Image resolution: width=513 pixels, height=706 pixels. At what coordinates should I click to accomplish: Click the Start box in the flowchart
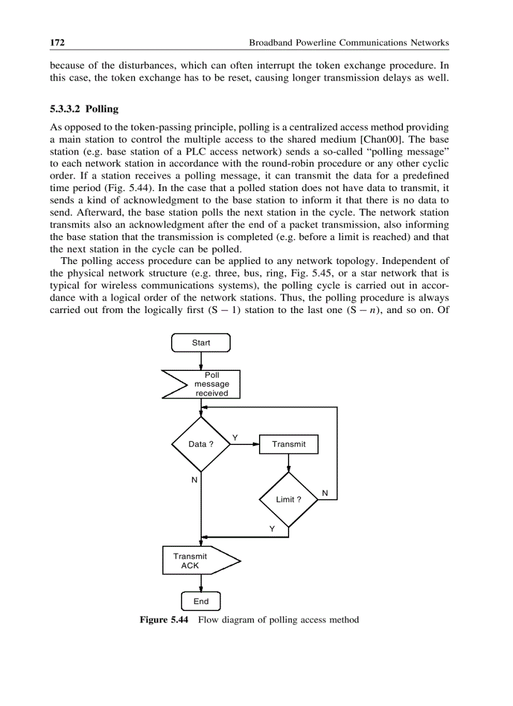201,343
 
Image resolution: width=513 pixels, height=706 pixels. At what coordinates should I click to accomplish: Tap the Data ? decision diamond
201,444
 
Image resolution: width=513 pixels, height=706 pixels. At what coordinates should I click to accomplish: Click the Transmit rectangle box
289,444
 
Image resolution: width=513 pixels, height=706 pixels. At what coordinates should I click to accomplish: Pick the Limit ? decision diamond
289,500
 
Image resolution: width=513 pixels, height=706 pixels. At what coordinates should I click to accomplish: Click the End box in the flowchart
201,602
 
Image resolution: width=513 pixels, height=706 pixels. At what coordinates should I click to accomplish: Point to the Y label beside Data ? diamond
235,437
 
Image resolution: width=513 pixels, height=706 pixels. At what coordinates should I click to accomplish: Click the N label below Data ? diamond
194,480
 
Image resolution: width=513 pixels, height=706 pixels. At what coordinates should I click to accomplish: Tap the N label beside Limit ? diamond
324,492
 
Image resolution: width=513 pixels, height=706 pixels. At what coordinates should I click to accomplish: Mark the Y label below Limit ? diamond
272,529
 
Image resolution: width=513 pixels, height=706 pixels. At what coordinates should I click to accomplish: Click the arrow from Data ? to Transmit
245,444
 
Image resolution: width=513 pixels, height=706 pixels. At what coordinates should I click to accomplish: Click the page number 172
58,43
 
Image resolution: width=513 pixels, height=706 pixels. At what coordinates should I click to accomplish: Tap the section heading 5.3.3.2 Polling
84,109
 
